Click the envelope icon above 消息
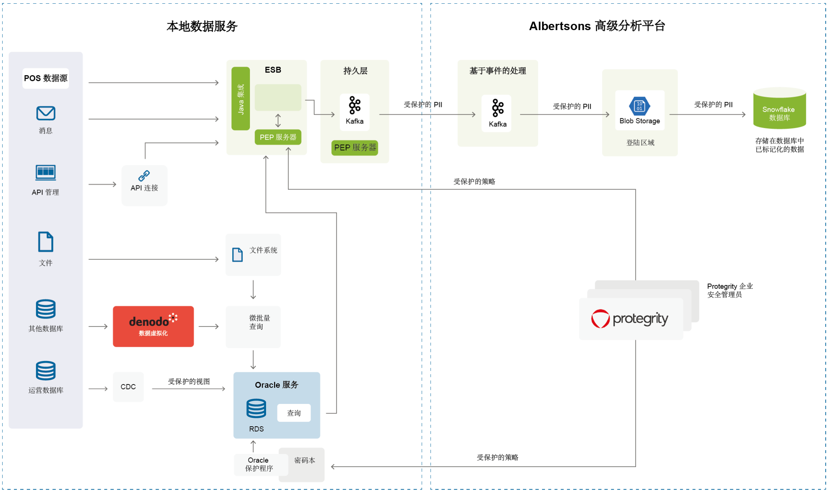[46, 113]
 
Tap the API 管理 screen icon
[46, 173]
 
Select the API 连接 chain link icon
[144, 176]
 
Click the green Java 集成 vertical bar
[241, 99]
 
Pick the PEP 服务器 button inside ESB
[278, 137]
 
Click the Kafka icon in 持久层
[355, 106]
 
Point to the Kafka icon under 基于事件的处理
[498, 108]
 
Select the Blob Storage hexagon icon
[640, 106]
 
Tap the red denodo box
[153, 326]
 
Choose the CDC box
[128, 387]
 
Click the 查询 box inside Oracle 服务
[294, 413]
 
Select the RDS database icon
[256, 408]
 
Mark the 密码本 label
[305, 460]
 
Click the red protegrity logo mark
[600, 319]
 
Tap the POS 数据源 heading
[46, 78]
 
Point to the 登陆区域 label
[640, 143]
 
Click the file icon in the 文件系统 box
[237, 254]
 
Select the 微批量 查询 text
[259, 322]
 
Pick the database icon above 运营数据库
[46, 371]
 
